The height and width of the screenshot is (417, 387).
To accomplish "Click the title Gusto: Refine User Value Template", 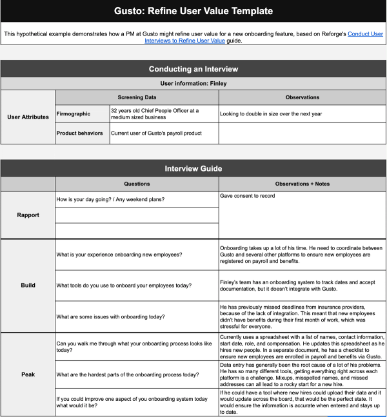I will click(193, 11).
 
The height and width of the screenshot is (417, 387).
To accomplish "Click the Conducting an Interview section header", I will click(193, 69).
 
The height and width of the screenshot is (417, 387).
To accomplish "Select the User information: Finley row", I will click(193, 83).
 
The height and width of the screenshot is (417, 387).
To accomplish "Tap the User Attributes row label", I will click(28, 117).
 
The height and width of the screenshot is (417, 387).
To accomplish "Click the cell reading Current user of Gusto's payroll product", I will click(156, 133).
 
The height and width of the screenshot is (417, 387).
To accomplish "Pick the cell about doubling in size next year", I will click(271, 113).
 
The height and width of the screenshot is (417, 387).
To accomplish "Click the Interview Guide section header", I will click(193, 168).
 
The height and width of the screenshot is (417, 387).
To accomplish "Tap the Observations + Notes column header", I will click(302, 184).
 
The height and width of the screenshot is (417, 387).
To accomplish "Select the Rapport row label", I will click(28, 215).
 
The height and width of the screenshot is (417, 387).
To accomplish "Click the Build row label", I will click(28, 285).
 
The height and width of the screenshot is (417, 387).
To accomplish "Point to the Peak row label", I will click(28, 373).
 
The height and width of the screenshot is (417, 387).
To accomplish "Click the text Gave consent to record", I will click(248, 195).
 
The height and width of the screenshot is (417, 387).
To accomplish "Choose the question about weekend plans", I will click(110, 199).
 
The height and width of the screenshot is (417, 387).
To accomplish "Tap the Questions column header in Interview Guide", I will click(137, 184).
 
